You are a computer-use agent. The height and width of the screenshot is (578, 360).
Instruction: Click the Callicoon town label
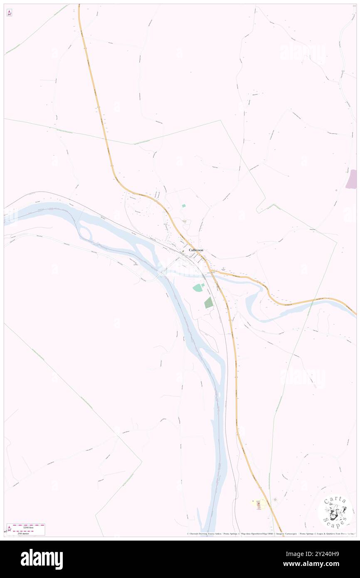point(196,250)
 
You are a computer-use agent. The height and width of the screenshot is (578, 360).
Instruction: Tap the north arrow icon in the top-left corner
point(9,13)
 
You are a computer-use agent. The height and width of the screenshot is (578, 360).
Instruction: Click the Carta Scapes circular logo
point(335,511)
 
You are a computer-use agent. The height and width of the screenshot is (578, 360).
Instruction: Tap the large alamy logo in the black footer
point(42,559)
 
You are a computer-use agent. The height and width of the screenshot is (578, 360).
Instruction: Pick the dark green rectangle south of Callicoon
point(209,303)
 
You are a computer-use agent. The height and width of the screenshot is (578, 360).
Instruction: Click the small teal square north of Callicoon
point(183,205)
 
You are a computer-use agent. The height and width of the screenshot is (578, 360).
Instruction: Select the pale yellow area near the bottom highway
point(258,504)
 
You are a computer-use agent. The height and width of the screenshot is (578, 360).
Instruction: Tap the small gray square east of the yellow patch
point(275,499)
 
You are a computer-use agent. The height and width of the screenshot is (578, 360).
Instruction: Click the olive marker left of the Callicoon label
point(183,251)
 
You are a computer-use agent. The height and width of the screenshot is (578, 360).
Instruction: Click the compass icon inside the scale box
point(9,529)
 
